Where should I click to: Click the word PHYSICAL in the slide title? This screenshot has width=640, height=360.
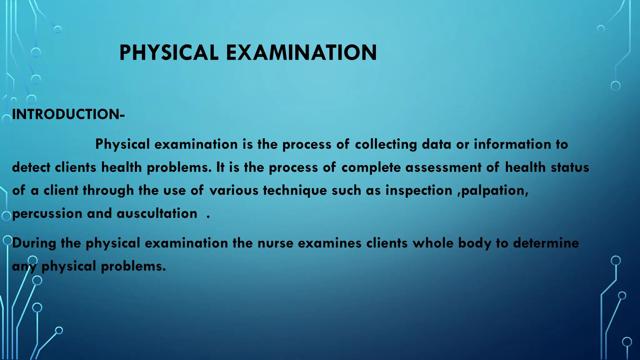169,52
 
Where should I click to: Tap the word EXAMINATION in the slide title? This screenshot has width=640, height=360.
301,52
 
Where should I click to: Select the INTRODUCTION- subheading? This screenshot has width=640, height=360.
68,114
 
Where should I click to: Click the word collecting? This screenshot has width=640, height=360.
386,144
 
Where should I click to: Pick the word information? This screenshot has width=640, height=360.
512,144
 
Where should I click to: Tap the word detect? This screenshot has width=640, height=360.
31,167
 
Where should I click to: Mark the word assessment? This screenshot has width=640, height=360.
443,167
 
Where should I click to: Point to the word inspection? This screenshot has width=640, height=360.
419,191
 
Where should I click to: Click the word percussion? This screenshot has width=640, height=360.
47,214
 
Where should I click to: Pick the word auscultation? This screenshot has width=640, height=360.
157,214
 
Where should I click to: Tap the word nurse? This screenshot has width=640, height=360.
275,243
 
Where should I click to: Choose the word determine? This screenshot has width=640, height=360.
546,243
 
